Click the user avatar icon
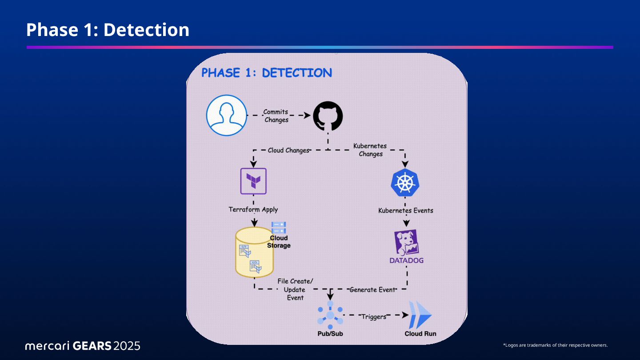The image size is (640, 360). (226, 115)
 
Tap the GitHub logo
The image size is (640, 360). (328, 116)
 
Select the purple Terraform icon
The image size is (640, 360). (253, 181)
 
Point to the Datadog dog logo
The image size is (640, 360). (406, 243)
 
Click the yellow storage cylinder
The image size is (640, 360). (254, 252)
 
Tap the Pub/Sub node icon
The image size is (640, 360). (330, 315)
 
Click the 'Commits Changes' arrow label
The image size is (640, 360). (276, 116)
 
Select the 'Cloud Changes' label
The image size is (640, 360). (288, 150)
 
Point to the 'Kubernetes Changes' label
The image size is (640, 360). (370, 150)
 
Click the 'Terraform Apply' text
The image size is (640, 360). (253, 209)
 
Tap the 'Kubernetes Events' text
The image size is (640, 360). (405, 210)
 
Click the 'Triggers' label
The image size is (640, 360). (374, 317)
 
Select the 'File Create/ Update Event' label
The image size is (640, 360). (295, 289)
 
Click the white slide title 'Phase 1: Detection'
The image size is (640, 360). (108, 30)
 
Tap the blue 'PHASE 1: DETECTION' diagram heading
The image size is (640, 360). (267, 73)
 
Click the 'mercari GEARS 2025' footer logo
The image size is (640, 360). (83, 345)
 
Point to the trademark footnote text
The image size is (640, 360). (555, 345)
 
